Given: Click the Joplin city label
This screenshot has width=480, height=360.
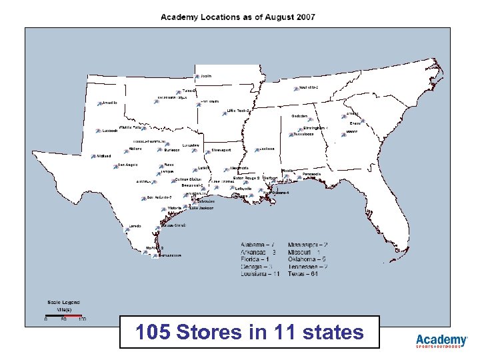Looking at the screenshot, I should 207,75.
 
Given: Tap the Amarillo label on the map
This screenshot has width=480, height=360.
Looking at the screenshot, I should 110,103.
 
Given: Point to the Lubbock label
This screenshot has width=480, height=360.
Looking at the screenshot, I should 109,131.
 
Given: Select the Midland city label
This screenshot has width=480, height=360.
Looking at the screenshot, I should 104,156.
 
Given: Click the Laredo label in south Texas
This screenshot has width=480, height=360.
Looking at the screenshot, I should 135,226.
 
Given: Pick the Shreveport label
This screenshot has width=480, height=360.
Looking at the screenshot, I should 221,151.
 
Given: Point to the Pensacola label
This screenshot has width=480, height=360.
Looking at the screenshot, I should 311,174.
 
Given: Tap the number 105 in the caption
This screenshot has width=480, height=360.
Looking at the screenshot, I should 150,331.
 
